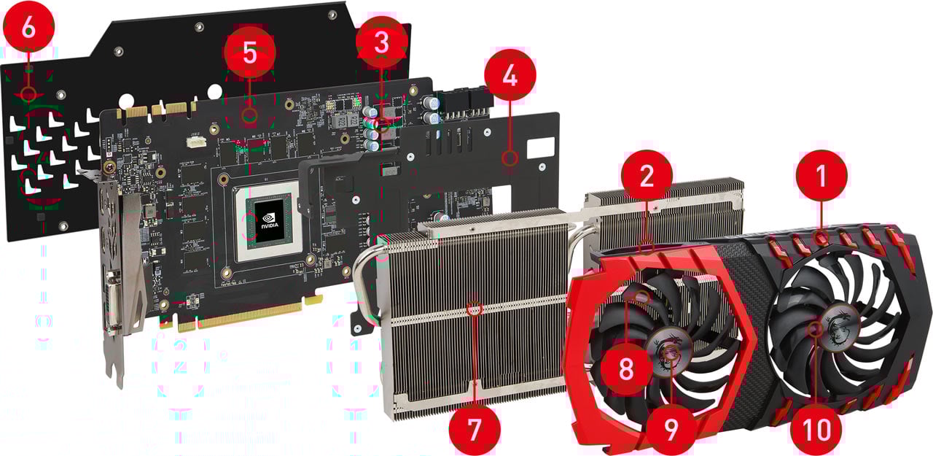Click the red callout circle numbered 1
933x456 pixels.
click(x=821, y=176)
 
